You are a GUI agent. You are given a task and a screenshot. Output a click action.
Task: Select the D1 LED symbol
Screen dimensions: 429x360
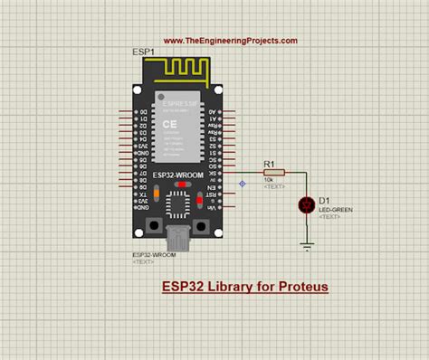click(x=306, y=206)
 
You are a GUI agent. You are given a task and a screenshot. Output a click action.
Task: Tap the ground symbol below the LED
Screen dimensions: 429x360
click(x=306, y=244)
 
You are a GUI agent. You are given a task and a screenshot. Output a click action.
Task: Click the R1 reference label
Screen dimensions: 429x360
click(x=269, y=163)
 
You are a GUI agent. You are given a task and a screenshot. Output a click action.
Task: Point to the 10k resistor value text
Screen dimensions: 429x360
click(x=269, y=180)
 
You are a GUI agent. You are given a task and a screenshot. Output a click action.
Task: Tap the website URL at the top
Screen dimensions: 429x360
click(x=230, y=41)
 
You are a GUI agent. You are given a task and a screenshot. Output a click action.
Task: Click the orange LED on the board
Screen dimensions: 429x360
click(x=158, y=193)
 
